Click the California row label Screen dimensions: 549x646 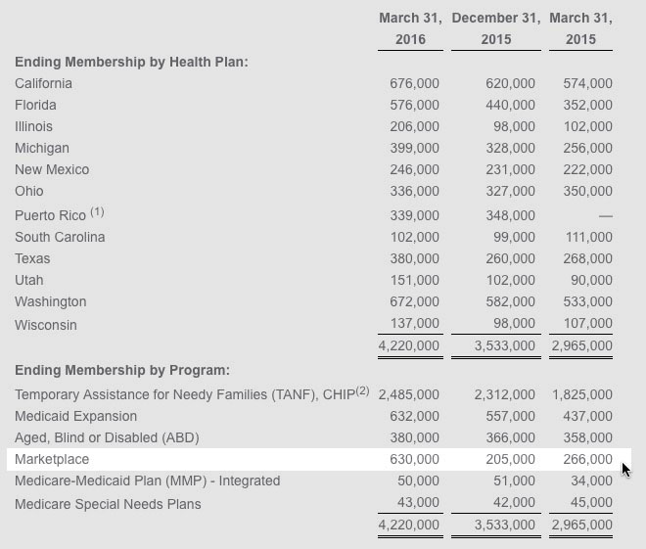click(x=43, y=83)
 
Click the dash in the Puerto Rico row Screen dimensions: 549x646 click(x=605, y=215)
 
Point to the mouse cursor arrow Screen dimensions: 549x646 click(x=625, y=469)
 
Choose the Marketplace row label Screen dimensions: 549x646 click(x=52, y=459)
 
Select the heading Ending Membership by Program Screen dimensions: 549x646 click(x=122, y=370)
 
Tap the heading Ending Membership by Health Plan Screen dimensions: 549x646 click(x=131, y=62)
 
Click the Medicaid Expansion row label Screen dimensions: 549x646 click(x=75, y=416)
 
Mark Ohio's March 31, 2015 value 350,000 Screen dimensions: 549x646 click(x=587, y=191)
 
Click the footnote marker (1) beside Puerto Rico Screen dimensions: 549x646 click(x=97, y=211)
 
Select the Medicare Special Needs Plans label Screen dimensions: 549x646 click(x=108, y=504)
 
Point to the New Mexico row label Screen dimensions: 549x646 click(x=52, y=169)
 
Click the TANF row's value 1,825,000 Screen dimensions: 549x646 click(x=582, y=394)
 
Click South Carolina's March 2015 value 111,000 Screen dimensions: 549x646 click(x=587, y=237)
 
